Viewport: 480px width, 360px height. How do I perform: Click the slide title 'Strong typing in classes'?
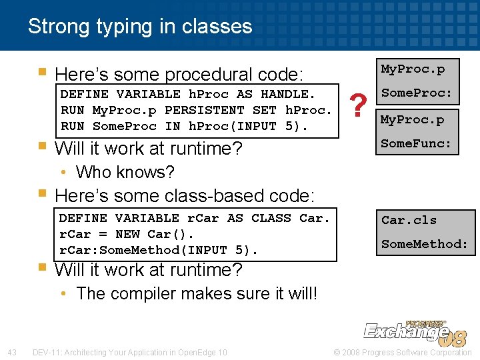pyautogui.click(x=140, y=27)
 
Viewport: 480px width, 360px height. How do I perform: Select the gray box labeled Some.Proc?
pyautogui.click(x=416, y=94)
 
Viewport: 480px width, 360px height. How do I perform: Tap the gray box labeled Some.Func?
pyautogui.click(x=416, y=143)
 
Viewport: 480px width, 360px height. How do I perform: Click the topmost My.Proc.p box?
pyautogui.click(x=413, y=69)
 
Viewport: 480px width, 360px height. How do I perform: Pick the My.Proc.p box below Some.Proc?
pyautogui.click(x=413, y=119)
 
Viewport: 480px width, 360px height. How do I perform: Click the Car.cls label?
pyautogui.click(x=409, y=220)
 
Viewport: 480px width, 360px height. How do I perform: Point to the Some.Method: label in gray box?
pyautogui.click(x=425, y=244)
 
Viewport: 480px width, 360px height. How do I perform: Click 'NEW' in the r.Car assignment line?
pyautogui.click(x=127, y=235)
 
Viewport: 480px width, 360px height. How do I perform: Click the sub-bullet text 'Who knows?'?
pyautogui.click(x=125, y=172)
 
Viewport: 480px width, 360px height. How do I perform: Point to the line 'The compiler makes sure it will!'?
pyautogui.click(x=197, y=293)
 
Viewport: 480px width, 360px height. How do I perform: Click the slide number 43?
pyautogui.click(x=12, y=352)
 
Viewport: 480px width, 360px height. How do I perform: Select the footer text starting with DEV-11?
pyautogui.click(x=129, y=352)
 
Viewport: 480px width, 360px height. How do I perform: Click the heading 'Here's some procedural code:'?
pyautogui.click(x=179, y=74)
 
